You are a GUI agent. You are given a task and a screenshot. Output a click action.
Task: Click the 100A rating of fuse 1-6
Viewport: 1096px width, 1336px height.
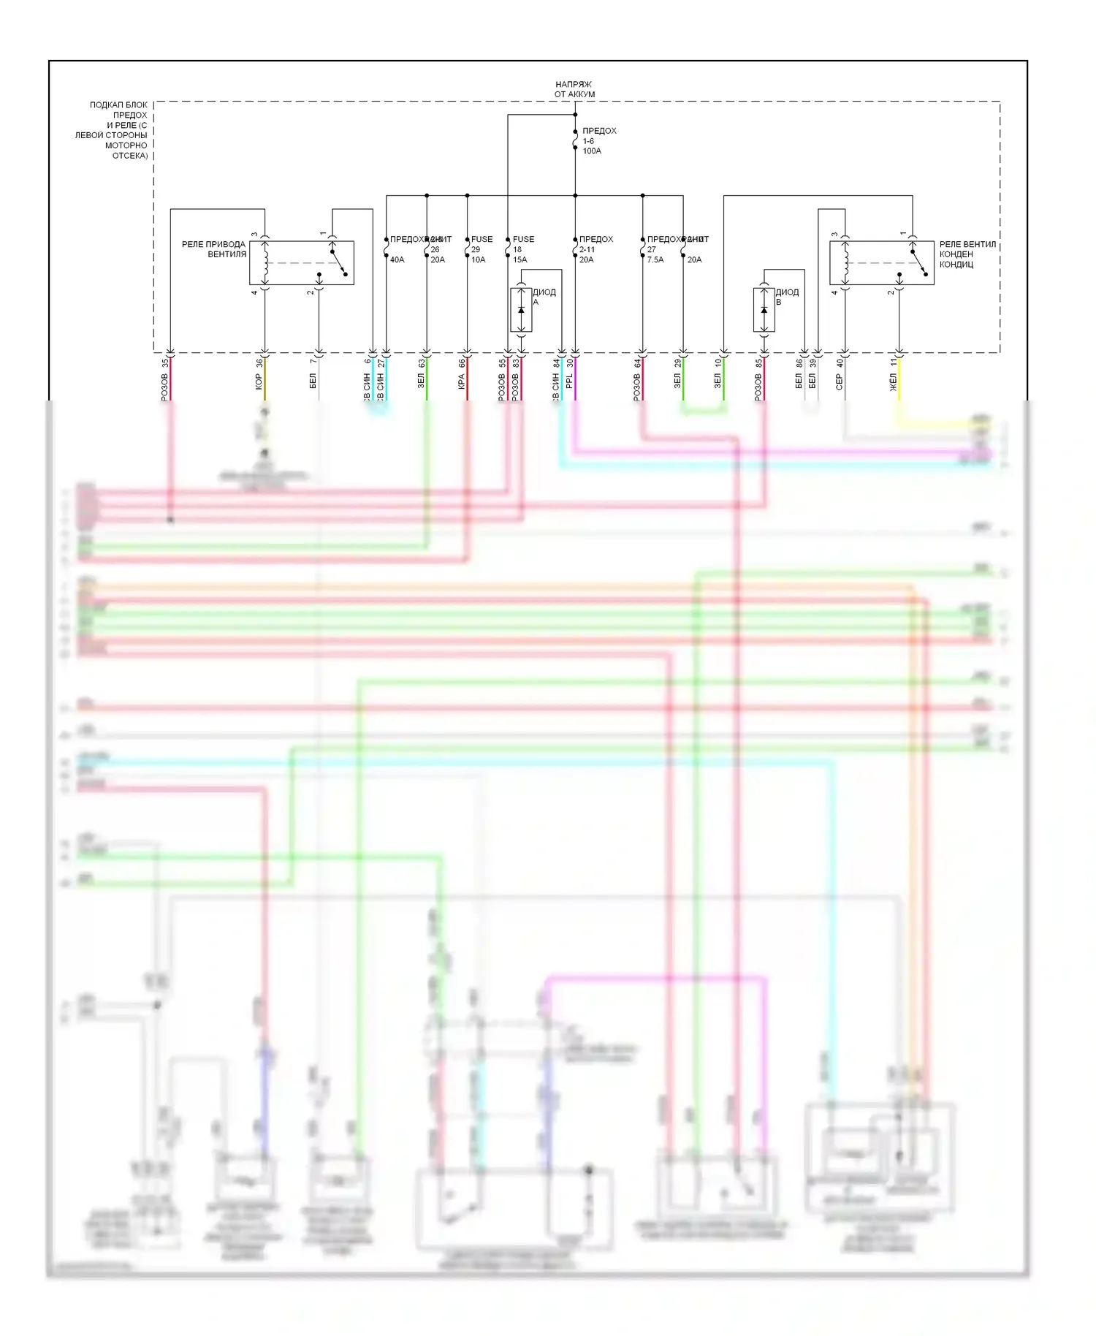click(592, 151)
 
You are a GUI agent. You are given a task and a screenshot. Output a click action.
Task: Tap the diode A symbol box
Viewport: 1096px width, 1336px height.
click(521, 310)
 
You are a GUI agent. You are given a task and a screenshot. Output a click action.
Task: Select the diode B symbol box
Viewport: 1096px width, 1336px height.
click(764, 310)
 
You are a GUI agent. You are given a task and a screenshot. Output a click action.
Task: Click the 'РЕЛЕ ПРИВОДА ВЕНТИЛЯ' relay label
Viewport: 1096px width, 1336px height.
click(214, 249)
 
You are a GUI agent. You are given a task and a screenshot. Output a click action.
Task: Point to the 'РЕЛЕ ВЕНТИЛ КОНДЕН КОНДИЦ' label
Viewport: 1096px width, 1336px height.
click(967, 254)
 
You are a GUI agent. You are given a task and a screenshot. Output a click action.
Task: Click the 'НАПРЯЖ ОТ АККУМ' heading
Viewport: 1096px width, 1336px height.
click(574, 89)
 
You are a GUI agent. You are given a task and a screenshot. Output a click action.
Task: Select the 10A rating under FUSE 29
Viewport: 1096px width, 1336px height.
click(478, 259)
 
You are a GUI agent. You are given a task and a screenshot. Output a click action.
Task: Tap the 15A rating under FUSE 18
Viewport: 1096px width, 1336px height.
click(520, 259)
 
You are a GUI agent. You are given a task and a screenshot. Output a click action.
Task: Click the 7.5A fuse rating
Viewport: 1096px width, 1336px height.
click(655, 259)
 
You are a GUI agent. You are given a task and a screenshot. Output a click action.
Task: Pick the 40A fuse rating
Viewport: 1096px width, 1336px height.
click(397, 259)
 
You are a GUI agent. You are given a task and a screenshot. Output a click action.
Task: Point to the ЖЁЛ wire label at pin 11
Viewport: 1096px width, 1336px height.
click(893, 382)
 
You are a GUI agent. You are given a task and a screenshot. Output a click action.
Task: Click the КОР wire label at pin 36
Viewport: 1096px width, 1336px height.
click(259, 382)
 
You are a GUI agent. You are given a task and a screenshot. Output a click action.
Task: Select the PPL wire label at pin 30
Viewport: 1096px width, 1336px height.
click(569, 382)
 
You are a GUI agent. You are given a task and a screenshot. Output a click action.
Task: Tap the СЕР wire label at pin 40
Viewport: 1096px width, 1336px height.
click(839, 382)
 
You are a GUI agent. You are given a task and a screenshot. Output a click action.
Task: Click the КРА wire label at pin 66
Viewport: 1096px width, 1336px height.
click(461, 382)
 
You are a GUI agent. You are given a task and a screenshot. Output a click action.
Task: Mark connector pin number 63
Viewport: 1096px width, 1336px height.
click(422, 363)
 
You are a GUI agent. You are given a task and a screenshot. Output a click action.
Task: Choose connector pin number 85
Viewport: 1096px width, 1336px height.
click(758, 363)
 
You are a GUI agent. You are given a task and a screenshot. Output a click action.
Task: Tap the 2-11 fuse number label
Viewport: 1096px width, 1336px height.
click(587, 249)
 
